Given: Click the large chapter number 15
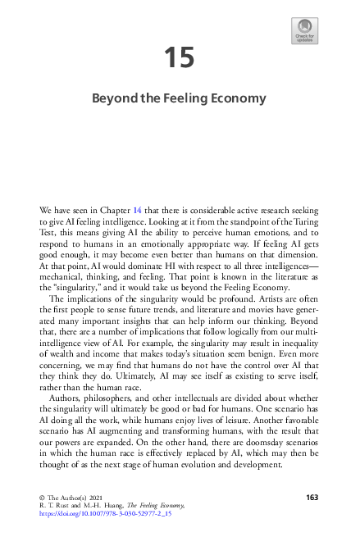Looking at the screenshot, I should [179, 57].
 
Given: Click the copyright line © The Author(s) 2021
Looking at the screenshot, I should [75, 498].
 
